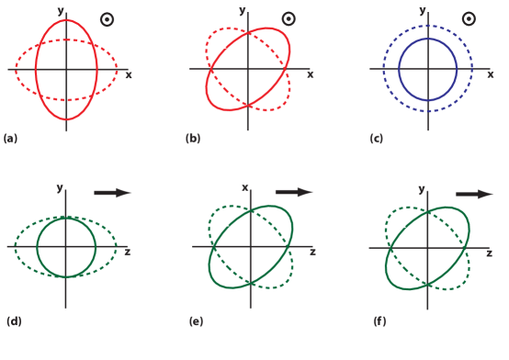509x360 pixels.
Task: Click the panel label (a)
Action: (11, 139)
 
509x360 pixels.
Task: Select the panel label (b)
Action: (193, 139)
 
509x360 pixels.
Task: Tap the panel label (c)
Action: (377, 139)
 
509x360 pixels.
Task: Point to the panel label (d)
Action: (14, 321)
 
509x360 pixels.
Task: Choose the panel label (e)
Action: (196, 321)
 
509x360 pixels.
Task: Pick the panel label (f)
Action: (379, 321)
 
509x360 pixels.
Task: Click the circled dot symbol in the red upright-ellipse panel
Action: (107, 19)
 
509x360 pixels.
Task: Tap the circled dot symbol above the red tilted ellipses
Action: (288, 19)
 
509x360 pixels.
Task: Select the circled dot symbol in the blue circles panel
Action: (468, 19)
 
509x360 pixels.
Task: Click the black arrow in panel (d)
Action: (113, 193)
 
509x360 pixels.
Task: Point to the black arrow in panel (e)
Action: (294, 193)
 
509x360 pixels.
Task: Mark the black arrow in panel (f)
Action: (474, 194)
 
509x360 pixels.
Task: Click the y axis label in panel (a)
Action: (60, 11)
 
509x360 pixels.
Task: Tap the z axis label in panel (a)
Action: (129, 74)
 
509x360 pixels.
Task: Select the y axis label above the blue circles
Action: (423, 11)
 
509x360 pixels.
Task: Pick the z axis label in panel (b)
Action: (310, 74)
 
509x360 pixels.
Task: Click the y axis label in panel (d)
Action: (60, 188)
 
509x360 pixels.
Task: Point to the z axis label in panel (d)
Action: (127, 251)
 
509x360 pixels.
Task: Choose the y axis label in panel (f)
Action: (422, 188)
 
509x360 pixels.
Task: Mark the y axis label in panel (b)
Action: (242, 11)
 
